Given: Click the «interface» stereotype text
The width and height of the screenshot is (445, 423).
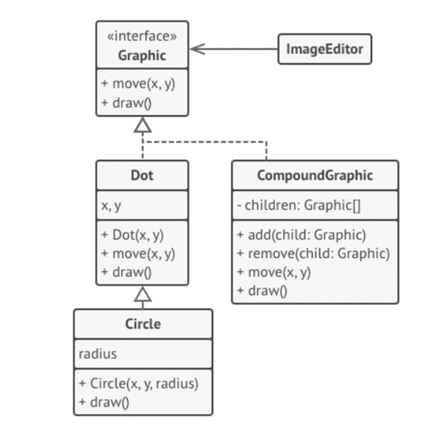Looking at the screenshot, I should (x=142, y=36).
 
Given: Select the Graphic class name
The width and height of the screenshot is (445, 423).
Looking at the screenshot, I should (x=142, y=55).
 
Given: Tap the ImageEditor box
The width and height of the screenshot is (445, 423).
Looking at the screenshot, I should (x=324, y=49).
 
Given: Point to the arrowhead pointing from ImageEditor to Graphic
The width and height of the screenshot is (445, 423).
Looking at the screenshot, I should (x=198, y=49).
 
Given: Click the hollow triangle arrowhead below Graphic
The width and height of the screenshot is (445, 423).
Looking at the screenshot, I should (x=143, y=126).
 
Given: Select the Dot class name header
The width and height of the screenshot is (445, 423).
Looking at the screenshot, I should (x=142, y=175).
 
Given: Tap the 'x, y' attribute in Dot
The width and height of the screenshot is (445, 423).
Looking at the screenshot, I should (x=112, y=206).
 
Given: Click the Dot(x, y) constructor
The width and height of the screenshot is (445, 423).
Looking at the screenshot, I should (x=133, y=236).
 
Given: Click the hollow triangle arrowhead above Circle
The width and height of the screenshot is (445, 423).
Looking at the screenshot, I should (x=143, y=294).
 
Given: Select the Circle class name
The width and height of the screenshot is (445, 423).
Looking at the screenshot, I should (x=143, y=324).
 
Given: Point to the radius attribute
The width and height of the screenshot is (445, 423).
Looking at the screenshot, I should (x=98, y=354).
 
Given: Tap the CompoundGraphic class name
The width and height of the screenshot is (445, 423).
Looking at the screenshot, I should (x=315, y=175).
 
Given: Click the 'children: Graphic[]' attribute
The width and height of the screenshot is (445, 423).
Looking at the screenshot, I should (x=298, y=205).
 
